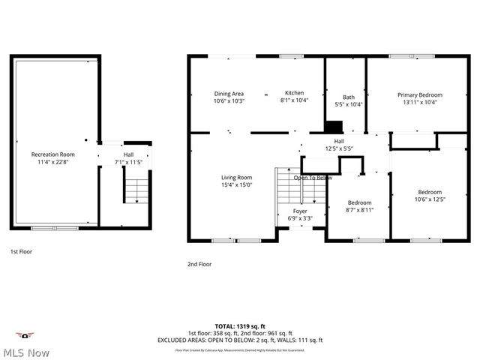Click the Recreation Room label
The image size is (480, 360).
point(52,154)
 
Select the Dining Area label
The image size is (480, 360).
point(229,94)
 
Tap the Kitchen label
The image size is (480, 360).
point(293,94)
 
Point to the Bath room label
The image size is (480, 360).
point(349,97)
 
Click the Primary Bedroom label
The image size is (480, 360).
point(419,95)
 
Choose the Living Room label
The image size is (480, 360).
point(236,177)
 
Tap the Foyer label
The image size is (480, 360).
point(300,211)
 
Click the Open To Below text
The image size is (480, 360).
point(313,178)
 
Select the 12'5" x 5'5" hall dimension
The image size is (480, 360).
point(339,148)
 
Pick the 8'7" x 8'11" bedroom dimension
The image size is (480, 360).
point(359,210)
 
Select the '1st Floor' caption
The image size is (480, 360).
point(22,252)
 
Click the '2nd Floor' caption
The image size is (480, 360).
point(199,264)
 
